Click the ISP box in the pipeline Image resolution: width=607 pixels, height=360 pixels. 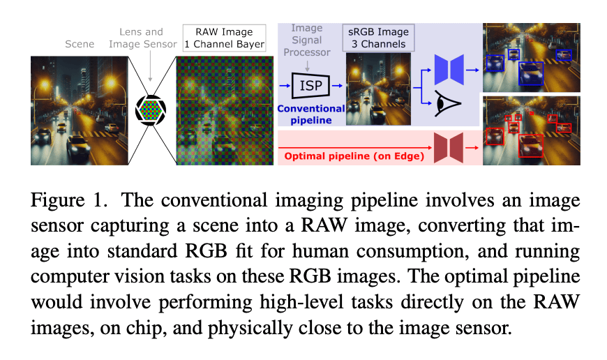310,86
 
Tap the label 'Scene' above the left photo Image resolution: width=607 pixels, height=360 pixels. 79,43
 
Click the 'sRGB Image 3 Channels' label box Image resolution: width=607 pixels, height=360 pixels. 377,38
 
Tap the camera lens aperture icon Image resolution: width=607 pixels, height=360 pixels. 151,110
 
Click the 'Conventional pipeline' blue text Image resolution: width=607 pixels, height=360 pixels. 311,114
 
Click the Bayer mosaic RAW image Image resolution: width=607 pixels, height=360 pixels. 221,110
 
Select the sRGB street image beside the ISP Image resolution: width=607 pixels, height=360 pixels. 377,89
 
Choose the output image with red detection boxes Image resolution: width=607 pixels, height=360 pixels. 531,130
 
